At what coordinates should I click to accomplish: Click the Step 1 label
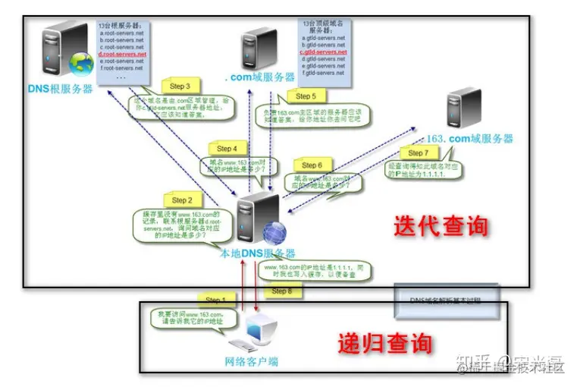pyautogui.click(x=214, y=301)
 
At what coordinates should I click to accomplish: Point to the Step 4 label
pyautogui.click(x=227, y=149)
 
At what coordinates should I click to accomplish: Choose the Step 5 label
pyautogui.click(x=306, y=96)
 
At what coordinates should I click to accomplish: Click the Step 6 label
pyautogui.click(x=312, y=165)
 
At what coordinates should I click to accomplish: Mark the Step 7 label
pyautogui.click(x=418, y=153)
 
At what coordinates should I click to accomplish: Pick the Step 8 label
pyautogui.click(x=281, y=291)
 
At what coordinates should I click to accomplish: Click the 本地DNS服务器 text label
pyautogui.click(x=257, y=253)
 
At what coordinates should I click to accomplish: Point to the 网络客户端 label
pyautogui.click(x=252, y=362)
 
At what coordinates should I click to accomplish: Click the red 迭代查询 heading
pyautogui.click(x=440, y=225)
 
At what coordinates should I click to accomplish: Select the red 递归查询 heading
pyautogui.click(x=384, y=343)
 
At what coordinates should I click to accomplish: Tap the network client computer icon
pyautogui.click(x=256, y=332)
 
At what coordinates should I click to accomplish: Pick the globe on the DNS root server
pyautogui.click(x=81, y=64)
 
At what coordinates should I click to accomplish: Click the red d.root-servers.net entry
pyautogui.click(x=121, y=55)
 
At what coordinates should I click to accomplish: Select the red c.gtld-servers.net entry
pyautogui.click(x=322, y=52)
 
